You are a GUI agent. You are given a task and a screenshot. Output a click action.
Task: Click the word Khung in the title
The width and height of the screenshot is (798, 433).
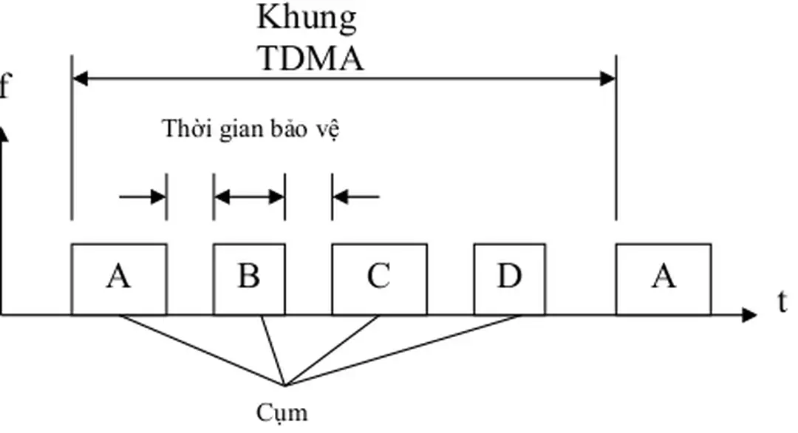[307, 18]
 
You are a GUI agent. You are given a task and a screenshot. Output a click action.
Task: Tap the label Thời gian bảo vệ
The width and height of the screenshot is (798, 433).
[250, 130]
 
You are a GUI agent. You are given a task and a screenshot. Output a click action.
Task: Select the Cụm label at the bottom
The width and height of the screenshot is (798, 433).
[282, 412]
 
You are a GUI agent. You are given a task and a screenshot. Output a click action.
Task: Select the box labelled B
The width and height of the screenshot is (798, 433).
[249, 279]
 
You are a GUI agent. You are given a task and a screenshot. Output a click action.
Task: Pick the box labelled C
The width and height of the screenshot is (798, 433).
[379, 279]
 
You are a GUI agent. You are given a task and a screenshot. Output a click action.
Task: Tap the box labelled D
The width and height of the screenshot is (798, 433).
[510, 279]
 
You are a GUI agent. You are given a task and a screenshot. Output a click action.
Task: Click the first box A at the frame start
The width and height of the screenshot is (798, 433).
[119, 279]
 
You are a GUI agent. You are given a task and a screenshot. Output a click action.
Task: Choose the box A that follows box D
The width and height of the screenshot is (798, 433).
[664, 279]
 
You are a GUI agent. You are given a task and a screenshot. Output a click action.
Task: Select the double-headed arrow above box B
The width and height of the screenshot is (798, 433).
[249, 197]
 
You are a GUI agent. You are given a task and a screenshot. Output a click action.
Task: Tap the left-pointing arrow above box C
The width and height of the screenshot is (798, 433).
[356, 197]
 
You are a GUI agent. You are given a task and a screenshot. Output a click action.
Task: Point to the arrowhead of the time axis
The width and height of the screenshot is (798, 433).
[749, 316]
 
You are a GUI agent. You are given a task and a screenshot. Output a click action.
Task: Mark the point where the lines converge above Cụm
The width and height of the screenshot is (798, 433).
[285, 385]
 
